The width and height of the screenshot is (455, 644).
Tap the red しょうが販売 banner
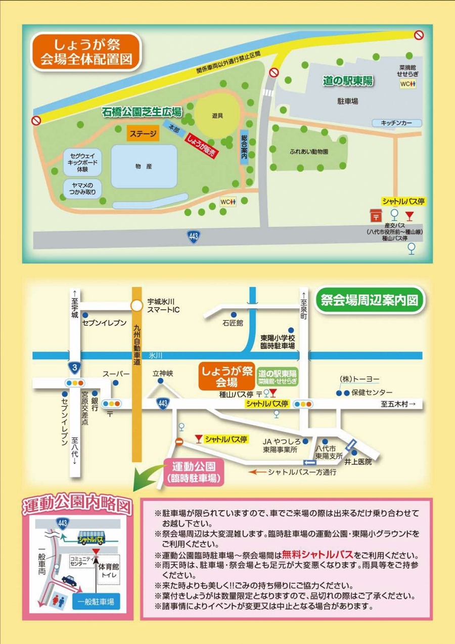pyautogui.click(x=200, y=146)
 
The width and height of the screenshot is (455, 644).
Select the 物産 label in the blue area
pyautogui.click(x=144, y=166)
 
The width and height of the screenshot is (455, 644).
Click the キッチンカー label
pyautogui.click(x=396, y=123)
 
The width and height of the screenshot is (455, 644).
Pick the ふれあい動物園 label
pyautogui.click(x=309, y=151)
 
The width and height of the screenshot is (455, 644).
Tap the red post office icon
pyautogui.click(x=376, y=215)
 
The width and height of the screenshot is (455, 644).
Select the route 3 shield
pyautogui.click(x=74, y=366)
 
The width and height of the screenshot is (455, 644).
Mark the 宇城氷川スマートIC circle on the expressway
pyautogui.click(x=136, y=305)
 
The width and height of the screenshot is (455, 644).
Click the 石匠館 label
pyautogui.click(x=233, y=322)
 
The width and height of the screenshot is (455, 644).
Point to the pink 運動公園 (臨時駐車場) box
pyautogui.click(x=194, y=471)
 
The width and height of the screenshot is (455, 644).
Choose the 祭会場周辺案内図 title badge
pyautogui.click(x=370, y=300)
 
